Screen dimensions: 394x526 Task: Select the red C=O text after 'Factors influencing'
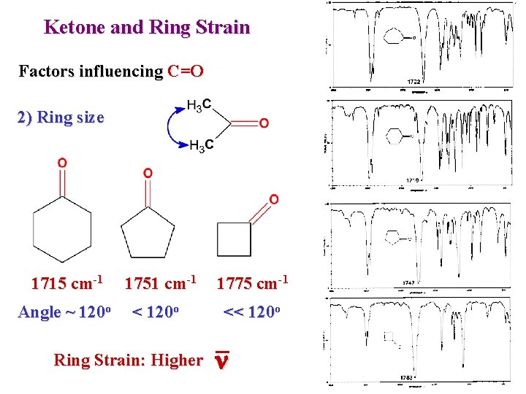tap(185, 72)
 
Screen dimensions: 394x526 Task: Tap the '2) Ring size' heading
tap(61, 117)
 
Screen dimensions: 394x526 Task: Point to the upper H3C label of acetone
tap(199, 105)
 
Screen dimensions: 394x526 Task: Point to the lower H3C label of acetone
tap(201, 147)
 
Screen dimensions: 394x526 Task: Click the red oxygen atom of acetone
tap(263, 123)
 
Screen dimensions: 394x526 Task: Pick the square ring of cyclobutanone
tap(235, 239)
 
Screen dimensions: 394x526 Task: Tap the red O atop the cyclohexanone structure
tap(63, 162)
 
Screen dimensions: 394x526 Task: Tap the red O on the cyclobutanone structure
tap(273, 198)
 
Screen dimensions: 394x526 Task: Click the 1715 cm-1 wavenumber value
tap(66, 282)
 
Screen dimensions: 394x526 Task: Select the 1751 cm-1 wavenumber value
tap(160, 282)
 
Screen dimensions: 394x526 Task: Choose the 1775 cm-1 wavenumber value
tap(253, 282)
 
